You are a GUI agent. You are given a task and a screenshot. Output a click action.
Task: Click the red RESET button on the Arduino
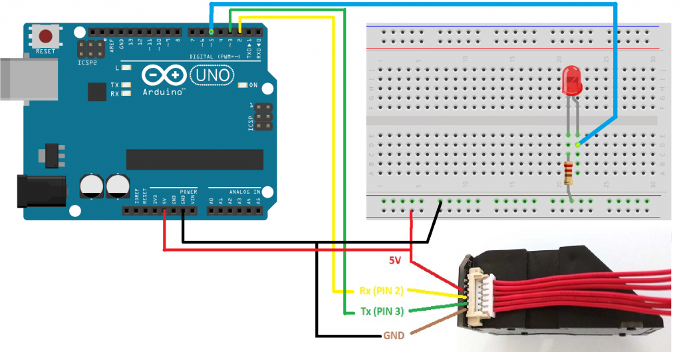pos(46,37)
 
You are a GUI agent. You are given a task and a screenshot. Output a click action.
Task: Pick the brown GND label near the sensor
pos(393,335)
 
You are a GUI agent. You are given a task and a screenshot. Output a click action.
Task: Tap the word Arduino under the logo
pos(164,92)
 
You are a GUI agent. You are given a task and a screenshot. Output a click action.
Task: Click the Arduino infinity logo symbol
pos(164,75)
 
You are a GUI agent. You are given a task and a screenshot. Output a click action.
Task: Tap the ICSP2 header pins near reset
pos(88,47)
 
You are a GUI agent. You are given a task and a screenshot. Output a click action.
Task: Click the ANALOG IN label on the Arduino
pos(244,192)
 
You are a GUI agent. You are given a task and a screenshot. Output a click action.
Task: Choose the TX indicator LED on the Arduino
pos(125,85)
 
